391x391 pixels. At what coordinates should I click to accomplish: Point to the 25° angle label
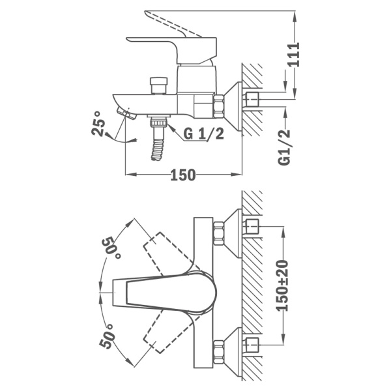coord(99,123)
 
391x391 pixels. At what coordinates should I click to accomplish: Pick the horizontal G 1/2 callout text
coord(203,135)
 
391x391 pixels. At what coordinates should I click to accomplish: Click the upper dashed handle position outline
coord(163,251)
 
